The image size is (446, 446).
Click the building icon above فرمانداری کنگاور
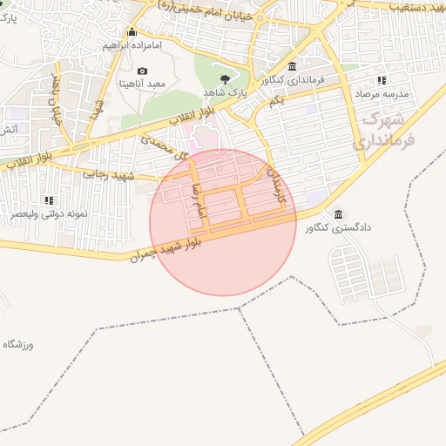(292, 67)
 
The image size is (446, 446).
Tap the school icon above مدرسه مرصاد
(382, 80)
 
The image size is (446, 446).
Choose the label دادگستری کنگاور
(338, 227)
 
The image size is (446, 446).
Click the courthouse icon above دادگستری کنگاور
(338, 214)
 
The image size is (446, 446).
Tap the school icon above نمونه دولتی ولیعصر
(49, 200)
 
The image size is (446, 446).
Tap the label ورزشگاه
(17, 345)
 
